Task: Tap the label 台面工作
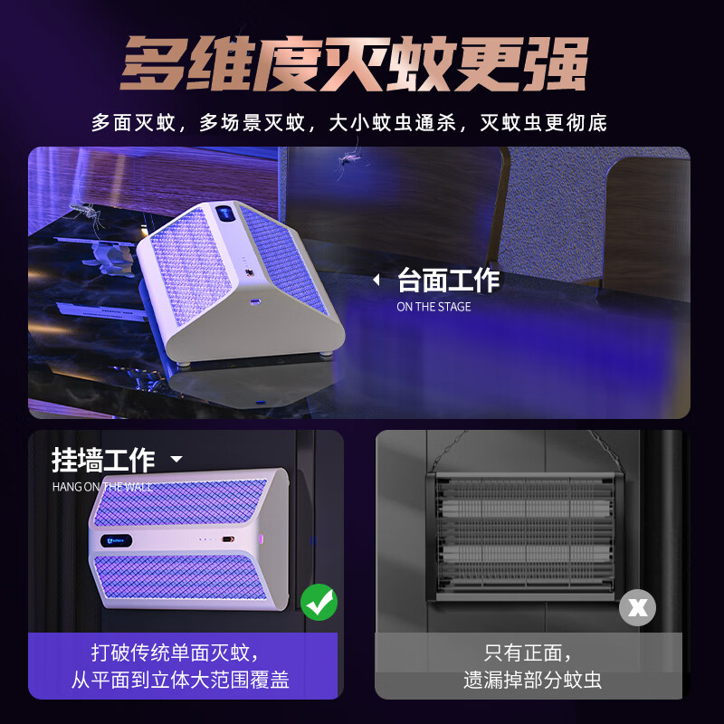click(x=448, y=281)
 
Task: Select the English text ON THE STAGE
click(x=433, y=307)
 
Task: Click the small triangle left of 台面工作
click(x=376, y=281)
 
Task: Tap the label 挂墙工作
click(x=103, y=460)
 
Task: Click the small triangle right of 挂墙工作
click(x=176, y=460)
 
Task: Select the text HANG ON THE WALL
click(x=101, y=487)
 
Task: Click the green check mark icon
click(x=319, y=602)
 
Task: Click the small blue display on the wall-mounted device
click(x=114, y=541)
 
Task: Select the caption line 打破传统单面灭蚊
click(x=181, y=652)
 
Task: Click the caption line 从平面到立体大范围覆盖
click(x=181, y=681)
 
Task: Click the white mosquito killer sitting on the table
click(x=241, y=281)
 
